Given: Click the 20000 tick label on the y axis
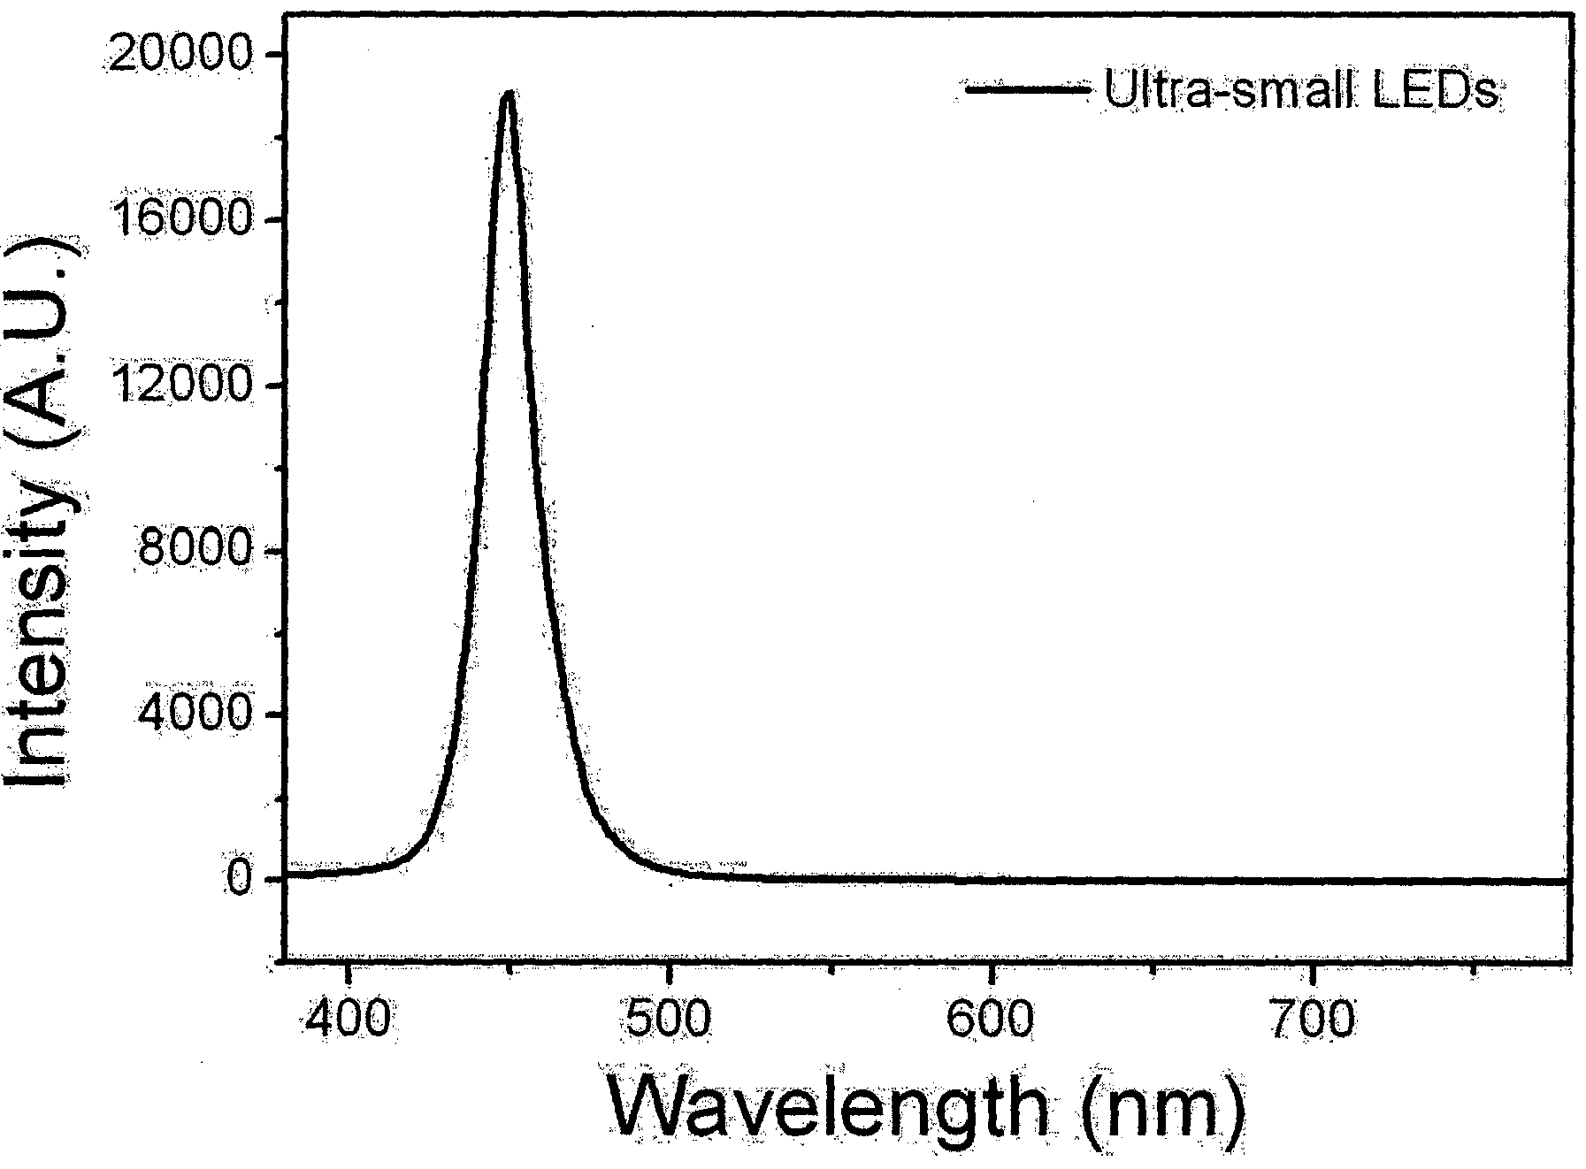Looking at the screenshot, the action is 185,56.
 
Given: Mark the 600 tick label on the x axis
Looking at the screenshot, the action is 990,1021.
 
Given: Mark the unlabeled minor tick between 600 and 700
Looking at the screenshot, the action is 1151,970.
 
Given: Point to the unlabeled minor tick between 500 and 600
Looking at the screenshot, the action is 830,970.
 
